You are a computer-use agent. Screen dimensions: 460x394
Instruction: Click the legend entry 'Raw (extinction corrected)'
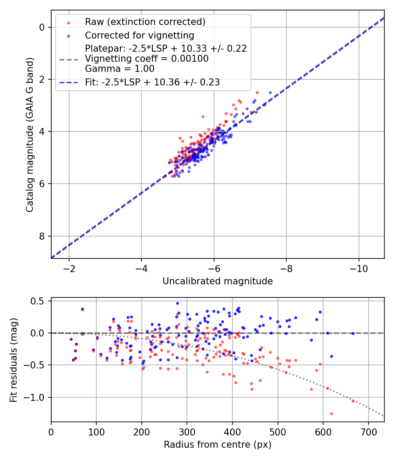click(145, 22)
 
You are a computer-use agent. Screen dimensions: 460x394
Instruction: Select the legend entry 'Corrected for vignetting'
click(139, 35)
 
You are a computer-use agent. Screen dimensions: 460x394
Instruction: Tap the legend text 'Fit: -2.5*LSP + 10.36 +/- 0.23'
click(152, 82)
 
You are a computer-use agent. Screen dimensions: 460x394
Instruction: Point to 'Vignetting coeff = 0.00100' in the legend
click(147, 58)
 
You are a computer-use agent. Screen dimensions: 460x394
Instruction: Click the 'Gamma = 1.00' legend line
click(120, 68)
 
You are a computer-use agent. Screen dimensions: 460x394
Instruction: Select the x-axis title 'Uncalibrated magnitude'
click(218, 281)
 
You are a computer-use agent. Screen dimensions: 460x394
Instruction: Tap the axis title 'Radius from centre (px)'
click(218, 445)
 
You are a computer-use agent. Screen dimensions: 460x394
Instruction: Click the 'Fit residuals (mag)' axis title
click(14, 360)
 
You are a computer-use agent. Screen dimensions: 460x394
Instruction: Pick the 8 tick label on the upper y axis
click(43, 236)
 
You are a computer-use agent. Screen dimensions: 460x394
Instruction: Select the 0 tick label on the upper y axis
click(43, 27)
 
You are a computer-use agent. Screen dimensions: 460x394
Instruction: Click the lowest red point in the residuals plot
click(331, 414)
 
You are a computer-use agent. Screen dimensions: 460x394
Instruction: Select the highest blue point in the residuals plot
click(177, 303)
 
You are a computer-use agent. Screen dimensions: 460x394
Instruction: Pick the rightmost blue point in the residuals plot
click(353, 333)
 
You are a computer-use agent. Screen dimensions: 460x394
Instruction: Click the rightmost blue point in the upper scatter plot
click(270, 92)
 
